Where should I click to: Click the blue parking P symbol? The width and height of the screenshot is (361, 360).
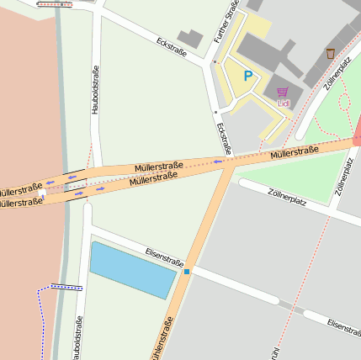point(248,76)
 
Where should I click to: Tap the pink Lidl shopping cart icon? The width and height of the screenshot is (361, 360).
point(282,92)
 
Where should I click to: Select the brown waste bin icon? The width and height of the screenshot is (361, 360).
point(331,53)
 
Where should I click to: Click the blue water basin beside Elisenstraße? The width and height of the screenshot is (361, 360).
point(133,269)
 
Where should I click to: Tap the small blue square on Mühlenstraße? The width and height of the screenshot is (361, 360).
point(187,271)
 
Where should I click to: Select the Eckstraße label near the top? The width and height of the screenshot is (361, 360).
point(172,44)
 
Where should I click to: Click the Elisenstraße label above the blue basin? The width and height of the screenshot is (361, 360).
point(164,257)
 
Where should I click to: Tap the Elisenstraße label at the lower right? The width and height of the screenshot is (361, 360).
point(343,327)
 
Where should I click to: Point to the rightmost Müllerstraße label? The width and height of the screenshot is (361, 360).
point(294,152)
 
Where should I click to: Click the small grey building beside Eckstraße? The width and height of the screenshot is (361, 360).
point(190,39)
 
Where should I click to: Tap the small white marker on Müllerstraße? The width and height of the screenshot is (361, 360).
point(41,193)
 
